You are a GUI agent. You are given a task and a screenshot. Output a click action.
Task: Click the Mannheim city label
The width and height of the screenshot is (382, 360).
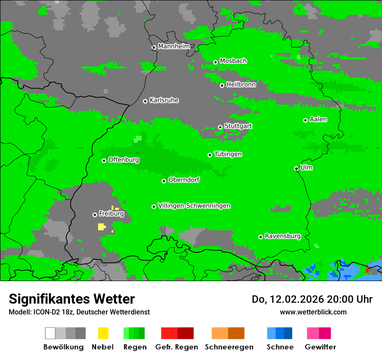click(174, 46)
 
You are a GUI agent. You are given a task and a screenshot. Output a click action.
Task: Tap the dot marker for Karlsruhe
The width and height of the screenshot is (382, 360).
click(145, 101)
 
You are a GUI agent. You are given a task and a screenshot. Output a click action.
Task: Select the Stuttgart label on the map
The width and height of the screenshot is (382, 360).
click(238, 126)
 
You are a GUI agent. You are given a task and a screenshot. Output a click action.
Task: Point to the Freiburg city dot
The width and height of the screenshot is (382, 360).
click(95, 215)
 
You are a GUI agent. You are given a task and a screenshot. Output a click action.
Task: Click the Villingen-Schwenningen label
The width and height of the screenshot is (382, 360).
click(194, 206)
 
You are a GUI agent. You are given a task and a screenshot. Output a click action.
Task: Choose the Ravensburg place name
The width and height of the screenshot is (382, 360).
click(283, 236)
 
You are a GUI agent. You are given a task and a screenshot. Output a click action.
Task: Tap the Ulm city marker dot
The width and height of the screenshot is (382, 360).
click(296, 168)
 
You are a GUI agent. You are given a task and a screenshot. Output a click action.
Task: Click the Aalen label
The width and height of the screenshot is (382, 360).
click(318, 119)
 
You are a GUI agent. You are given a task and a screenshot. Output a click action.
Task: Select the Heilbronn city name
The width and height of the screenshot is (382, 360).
click(241, 85)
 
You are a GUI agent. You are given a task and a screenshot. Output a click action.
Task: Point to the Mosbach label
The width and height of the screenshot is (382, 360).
click(233, 61)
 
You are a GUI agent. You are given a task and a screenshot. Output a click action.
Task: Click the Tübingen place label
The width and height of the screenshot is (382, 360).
click(228, 154)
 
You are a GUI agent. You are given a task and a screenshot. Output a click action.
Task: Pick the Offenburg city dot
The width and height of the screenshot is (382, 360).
click(104, 160)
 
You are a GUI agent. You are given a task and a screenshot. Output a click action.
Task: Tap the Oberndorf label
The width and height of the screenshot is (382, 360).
click(184, 180)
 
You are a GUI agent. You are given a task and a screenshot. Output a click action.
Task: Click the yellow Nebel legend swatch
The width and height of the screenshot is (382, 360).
click(103, 333)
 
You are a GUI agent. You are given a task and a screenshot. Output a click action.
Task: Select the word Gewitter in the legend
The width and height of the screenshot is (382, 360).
click(320, 347)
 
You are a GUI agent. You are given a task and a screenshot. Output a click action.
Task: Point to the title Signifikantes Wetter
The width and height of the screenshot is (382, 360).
click(72, 299)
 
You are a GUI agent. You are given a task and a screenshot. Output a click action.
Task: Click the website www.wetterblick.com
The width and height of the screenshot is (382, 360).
click(313, 312)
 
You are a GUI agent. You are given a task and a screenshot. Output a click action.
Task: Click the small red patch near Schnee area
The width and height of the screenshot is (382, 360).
click(368, 271)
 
